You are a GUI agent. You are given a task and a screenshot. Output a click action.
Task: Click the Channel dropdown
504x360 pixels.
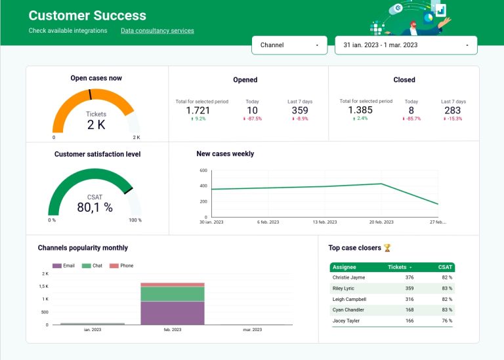click(x=289, y=45)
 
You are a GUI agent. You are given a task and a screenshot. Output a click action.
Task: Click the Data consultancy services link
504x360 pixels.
click(x=157, y=31)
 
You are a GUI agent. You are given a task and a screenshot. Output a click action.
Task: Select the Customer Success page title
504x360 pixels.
click(x=87, y=16)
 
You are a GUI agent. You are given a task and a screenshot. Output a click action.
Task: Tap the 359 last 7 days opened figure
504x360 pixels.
click(x=300, y=110)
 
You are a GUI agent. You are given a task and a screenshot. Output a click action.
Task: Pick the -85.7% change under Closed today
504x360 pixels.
click(x=411, y=119)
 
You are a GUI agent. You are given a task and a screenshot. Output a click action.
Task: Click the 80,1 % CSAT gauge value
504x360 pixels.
click(x=95, y=207)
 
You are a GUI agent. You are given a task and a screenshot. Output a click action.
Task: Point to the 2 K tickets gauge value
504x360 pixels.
click(x=96, y=125)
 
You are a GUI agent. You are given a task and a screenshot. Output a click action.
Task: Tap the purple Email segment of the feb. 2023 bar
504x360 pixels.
click(x=173, y=313)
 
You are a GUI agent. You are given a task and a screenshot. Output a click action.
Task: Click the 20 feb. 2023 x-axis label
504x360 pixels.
click(x=380, y=222)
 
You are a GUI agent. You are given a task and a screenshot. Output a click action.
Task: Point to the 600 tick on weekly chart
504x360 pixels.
click(x=203, y=170)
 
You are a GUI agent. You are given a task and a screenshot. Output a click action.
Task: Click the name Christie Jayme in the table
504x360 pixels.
click(x=348, y=277)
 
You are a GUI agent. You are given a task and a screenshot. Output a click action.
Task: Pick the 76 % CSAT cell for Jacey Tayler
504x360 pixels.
click(x=446, y=321)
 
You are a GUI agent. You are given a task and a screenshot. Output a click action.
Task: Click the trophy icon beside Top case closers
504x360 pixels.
click(x=387, y=248)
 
